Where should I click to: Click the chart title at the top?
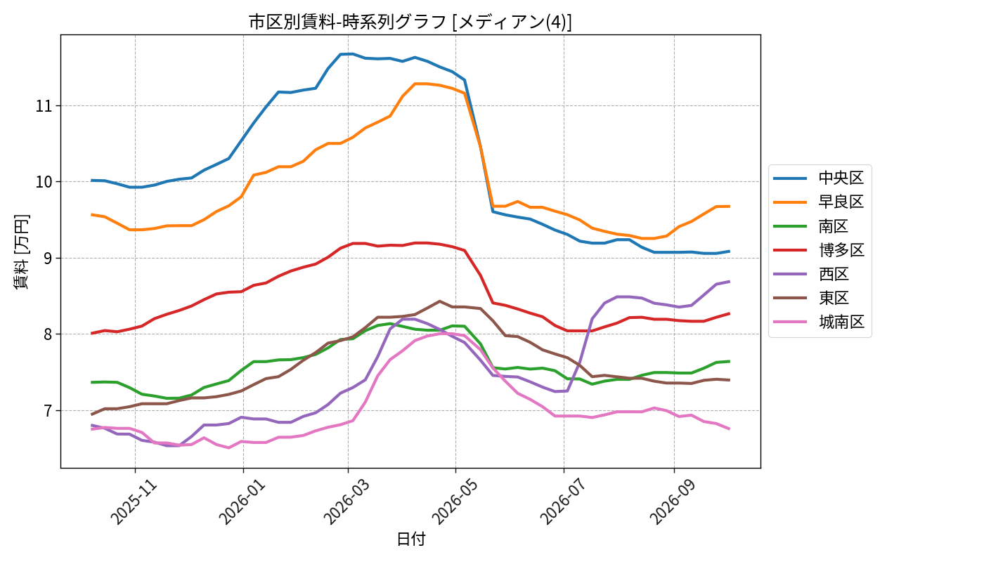(x=410, y=22)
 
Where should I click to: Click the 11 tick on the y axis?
(x=44, y=106)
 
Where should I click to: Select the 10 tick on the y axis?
(x=44, y=182)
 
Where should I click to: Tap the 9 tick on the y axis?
(x=48, y=259)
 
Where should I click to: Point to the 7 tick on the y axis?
(x=48, y=411)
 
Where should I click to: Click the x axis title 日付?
(x=410, y=539)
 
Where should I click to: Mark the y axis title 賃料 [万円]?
(x=21, y=251)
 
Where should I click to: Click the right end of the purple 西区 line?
(x=730, y=282)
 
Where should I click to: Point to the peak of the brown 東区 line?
(x=439, y=301)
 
